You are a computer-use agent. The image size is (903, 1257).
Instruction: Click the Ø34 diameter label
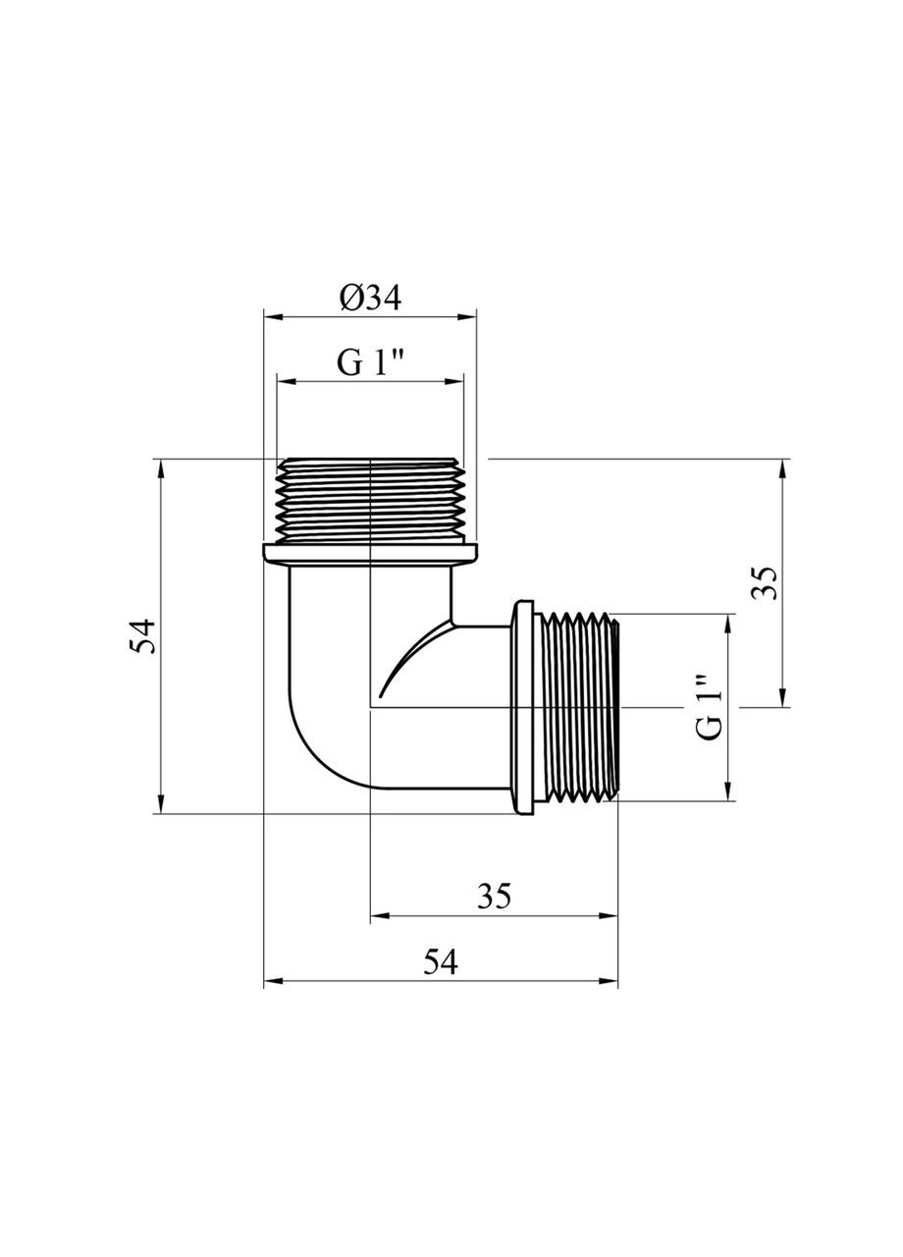pyautogui.click(x=371, y=298)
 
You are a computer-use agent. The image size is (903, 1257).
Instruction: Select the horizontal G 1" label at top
pyautogui.click(x=371, y=363)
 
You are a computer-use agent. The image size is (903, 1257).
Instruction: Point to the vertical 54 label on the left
pyautogui.click(x=145, y=636)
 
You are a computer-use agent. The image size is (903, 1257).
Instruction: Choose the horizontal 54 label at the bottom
pyautogui.click(x=441, y=962)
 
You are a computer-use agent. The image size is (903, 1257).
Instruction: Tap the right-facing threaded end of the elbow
pyautogui.click(x=579, y=707)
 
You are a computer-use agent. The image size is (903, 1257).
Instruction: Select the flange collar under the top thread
pyautogui.click(x=370, y=553)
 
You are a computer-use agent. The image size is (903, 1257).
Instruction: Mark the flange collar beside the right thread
pyautogui.click(x=523, y=707)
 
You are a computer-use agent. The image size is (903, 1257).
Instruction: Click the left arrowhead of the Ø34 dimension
pyautogui.click(x=271, y=316)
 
